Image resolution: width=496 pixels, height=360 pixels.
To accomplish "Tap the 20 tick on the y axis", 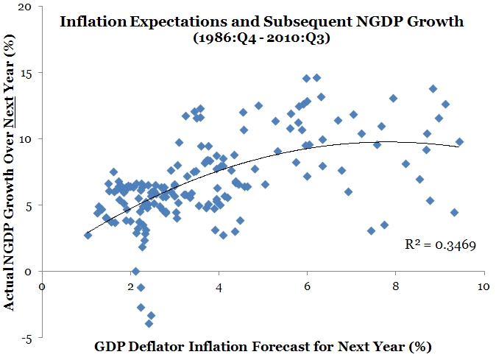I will (26, 7).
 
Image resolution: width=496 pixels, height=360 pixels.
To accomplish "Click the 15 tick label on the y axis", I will (27, 73).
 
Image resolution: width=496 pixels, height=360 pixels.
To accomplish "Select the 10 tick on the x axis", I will (483, 286).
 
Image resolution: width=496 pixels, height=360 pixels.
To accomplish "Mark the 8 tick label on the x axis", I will (396, 286).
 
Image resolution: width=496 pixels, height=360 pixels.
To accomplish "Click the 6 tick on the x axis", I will (308, 286).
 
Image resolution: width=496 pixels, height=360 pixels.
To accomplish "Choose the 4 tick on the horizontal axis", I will (219, 286).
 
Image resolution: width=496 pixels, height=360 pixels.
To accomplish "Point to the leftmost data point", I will (88, 235).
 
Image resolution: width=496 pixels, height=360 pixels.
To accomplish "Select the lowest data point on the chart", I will (149, 323).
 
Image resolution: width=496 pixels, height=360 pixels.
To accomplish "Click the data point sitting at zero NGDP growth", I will (135, 272).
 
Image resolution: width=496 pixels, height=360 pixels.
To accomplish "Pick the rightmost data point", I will (459, 141).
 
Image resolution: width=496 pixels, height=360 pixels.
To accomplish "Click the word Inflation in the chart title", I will (88, 21).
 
